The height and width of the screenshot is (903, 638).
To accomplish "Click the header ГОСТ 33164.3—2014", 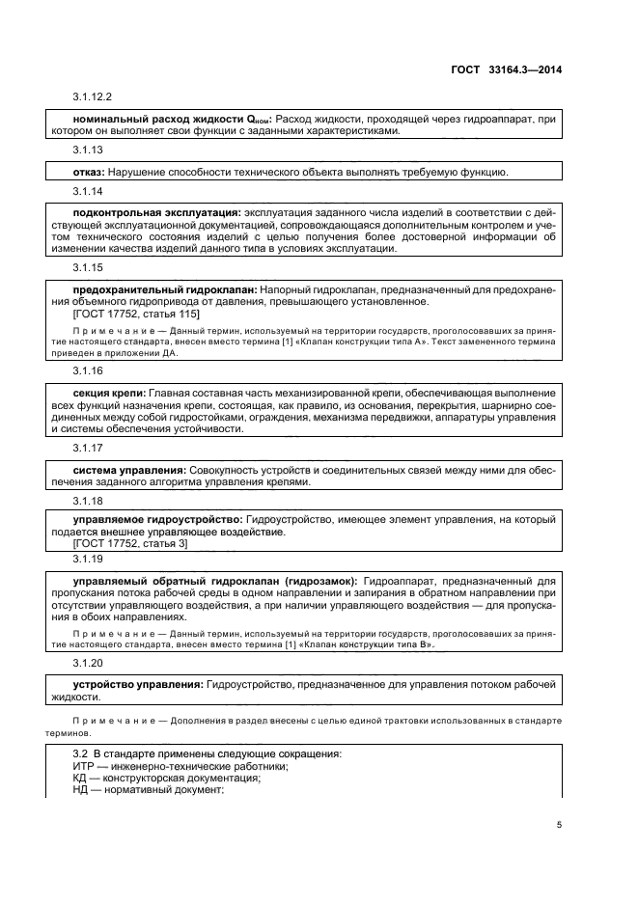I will tap(520, 69).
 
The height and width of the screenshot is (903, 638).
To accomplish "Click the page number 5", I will tap(560, 825).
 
